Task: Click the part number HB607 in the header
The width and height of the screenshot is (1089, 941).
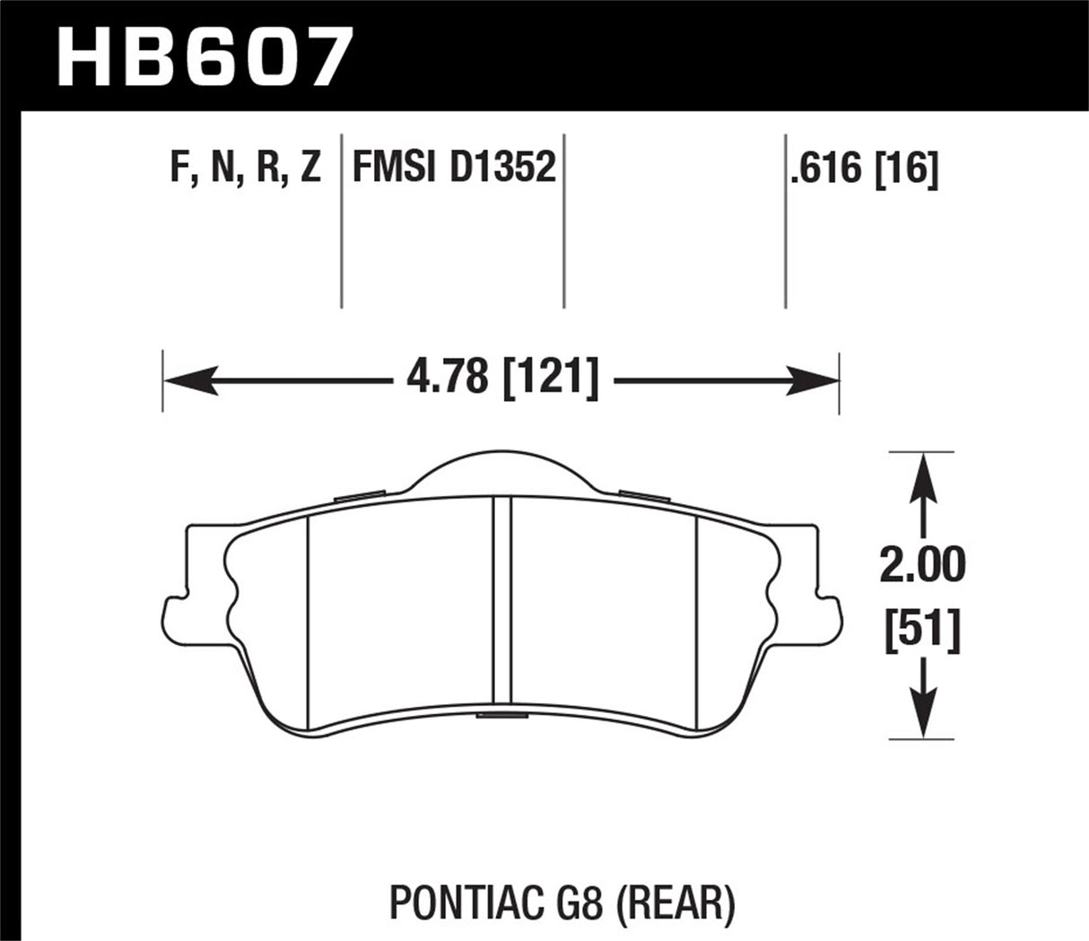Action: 201,57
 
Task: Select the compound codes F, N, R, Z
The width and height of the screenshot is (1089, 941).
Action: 245,169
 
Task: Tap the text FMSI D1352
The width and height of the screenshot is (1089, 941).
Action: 454,168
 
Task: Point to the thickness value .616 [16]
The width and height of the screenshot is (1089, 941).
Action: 864,169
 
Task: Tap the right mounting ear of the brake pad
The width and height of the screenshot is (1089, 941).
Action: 829,619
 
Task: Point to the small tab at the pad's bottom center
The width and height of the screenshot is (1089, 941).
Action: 502,715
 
